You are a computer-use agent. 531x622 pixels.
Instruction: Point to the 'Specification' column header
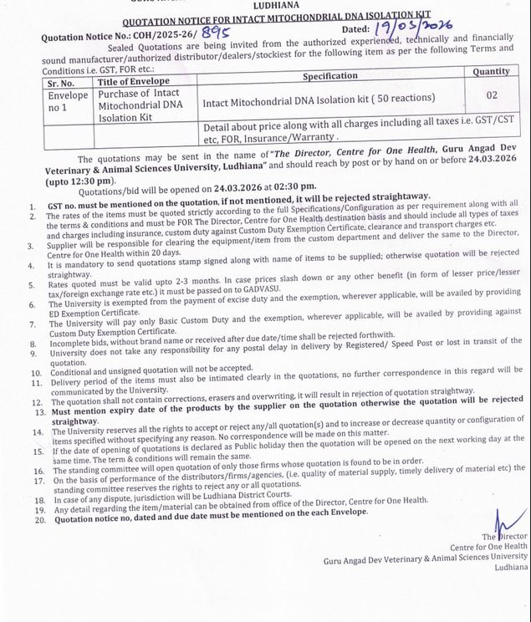tap(329, 75)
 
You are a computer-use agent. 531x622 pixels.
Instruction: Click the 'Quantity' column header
tap(491, 72)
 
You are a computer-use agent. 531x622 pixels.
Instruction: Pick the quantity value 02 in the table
tap(491, 95)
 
